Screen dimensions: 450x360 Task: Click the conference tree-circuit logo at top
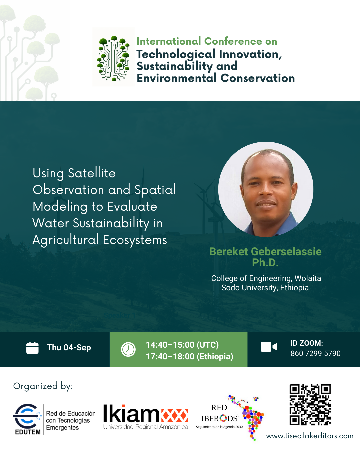pos(113,58)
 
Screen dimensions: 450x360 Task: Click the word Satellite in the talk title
pos(92,173)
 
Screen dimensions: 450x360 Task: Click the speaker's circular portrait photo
pos(266,189)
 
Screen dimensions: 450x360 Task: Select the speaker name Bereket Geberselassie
pos(265,251)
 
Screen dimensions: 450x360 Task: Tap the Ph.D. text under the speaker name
pos(265,263)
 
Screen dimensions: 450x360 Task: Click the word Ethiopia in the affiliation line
pos(295,288)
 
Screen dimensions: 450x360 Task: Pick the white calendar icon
pos(32,348)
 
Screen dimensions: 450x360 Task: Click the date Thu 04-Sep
pos(69,348)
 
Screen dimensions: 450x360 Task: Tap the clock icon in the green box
pos(128,349)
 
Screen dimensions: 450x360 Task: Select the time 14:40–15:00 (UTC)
pos(182,345)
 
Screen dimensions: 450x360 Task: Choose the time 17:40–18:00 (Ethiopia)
pos(189,357)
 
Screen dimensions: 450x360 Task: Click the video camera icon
pos(269,347)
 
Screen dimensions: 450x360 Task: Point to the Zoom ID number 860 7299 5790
pos(315,353)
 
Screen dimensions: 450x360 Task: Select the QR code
pos(310,405)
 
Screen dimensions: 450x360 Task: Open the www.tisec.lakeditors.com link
pos(310,436)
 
